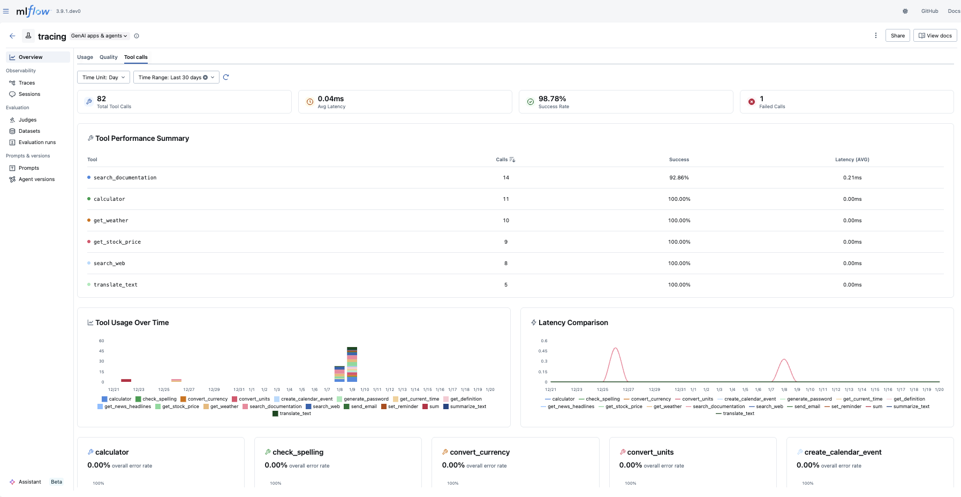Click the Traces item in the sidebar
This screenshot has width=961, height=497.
[x=27, y=83]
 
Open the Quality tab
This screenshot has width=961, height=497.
[x=108, y=57]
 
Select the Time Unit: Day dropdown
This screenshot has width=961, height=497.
[x=103, y=78]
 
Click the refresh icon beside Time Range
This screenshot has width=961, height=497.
[x=226, y=78]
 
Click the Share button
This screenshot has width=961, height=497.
[x=897, y=36]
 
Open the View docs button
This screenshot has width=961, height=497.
[x=935, y=36]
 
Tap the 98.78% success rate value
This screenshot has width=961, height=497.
[x=552, y=99]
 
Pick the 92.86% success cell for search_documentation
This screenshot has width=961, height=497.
[x=678, y=178]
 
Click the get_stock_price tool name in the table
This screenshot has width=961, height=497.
[x=117, y=242]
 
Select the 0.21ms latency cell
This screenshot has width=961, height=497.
[x=852, y=178]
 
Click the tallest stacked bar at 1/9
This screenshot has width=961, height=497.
[x=352, y=364]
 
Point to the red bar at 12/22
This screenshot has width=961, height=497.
[x=126, y=380]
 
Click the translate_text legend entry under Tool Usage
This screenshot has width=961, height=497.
[x=292, y=413]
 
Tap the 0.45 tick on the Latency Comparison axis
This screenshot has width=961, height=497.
[x=543, y=351]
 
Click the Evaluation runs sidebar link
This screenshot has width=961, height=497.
[x=37, y=142]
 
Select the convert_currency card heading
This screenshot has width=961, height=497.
[x=480, y=453]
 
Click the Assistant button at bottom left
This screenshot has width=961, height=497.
[x=29, y=482]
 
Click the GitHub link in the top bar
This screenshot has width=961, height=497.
[x=929, y=11]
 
